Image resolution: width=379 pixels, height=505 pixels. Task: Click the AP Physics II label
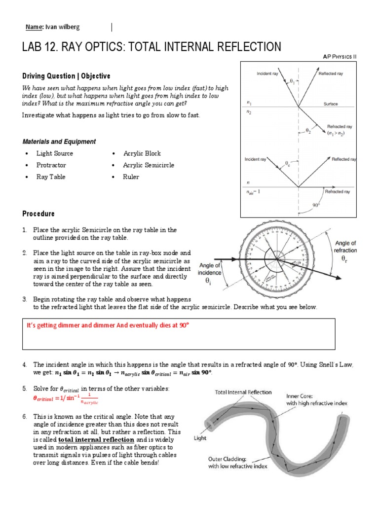339,57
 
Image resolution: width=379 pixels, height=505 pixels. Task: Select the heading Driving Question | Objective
66,76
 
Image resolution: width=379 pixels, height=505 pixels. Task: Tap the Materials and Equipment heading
59,142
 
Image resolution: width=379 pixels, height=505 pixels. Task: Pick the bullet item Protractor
51,165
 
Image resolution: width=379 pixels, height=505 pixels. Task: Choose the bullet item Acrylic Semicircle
149,165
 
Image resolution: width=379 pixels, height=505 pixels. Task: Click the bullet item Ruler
131,177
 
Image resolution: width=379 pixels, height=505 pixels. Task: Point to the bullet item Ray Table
51,177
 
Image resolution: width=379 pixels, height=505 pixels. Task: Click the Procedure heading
38,214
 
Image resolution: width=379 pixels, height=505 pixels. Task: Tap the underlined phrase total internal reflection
96,439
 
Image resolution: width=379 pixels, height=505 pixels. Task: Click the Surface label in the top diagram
331,104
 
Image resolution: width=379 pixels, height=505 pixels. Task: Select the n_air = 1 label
253,192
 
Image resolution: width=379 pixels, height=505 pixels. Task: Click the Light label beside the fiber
200,437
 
